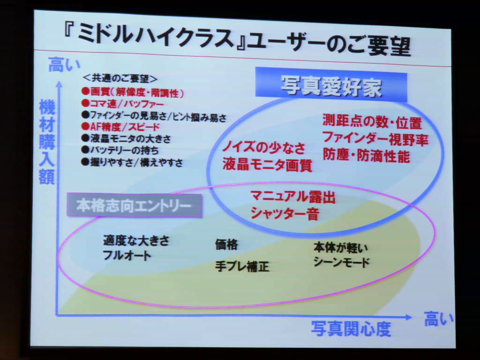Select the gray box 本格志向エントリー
point(134,205)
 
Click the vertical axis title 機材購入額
point(47,142)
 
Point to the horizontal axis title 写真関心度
point(351,329)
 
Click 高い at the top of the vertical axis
point(64,65)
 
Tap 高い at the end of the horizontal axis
point(439,319)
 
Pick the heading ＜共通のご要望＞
point(120,78)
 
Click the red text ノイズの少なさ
point(264,148)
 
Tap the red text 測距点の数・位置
point(372,122)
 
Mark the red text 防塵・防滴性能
point(367,156)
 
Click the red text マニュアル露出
point(293,197)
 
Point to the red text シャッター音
point(285,213)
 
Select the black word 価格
point(226,244)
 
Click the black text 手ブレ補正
point(242,266)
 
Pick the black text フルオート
point(127,255)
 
